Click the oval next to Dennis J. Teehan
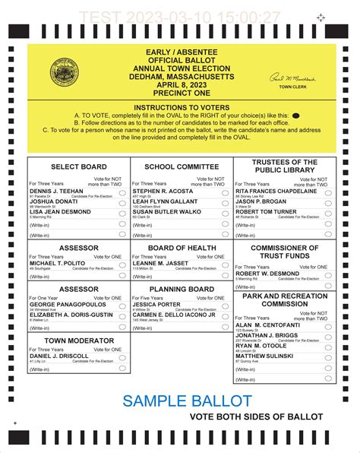coord(124,193)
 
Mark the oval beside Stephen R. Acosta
coord(226,193)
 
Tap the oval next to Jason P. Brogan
coord(328,203)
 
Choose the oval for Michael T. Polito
coord(124,264)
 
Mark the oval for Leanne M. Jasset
coord(226,264)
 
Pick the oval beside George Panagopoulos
coord(124,306)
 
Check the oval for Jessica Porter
coord(226,306)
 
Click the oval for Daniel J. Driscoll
coord(124,356)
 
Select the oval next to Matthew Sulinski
coord(328,356)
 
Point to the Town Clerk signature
coord(290,79)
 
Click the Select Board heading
coord(78,166)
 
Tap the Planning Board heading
coord(181,290)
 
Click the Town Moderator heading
coord(78,340)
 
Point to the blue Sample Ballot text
coord(187,400)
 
